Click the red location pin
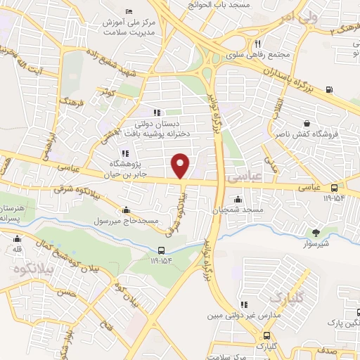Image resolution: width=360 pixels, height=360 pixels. [181, 165]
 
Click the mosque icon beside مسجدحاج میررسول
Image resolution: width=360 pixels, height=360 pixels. [126, 209]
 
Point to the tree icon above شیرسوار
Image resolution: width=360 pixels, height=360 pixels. [316, 232]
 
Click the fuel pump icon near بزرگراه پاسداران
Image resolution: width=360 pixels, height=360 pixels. [330, 89]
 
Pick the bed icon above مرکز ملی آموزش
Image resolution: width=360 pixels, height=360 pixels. [128, 11]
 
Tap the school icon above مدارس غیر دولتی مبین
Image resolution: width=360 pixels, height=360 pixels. [245, 304]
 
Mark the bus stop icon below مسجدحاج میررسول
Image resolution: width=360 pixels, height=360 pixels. [162, 250]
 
